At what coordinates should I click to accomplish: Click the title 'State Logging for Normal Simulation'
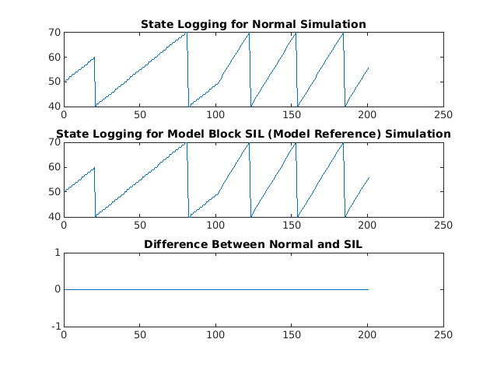point(254,25)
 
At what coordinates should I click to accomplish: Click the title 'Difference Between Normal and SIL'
point(254,246)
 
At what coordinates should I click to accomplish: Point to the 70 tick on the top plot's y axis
point(55,32)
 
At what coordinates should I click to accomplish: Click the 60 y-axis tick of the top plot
point(55,57)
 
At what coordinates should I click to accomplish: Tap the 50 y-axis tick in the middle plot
point(55,191)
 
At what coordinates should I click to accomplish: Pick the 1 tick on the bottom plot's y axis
point(58,253)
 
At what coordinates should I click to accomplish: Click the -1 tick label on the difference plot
point(56,326)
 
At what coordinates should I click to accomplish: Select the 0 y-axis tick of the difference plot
point(58,289)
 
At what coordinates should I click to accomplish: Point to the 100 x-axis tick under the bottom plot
point(215,334)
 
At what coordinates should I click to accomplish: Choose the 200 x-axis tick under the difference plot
point(367,334)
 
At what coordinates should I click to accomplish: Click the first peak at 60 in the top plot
point(94,58)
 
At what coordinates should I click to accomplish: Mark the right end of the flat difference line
point(368,289)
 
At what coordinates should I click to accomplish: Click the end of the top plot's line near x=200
point(368,68)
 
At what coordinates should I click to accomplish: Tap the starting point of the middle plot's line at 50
point(65,191)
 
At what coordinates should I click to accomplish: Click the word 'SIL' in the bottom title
point(352,246)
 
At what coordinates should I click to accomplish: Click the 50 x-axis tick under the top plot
point(140,114)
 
